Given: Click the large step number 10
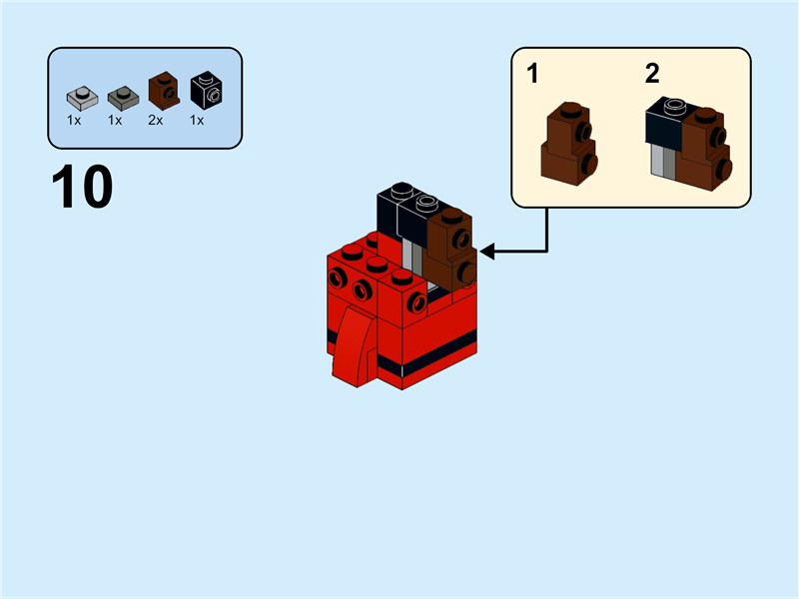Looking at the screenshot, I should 82,188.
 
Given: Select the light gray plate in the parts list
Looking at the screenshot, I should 82,99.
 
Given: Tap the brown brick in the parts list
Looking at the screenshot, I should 163,91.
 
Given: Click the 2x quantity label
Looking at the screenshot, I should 156,120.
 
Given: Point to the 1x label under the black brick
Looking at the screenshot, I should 197,120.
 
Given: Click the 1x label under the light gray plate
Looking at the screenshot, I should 74,120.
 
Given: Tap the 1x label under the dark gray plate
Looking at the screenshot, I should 115,120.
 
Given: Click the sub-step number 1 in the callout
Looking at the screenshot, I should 533,74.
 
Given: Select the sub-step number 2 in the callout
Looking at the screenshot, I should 652,73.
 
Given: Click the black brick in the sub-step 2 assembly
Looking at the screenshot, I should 664,125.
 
